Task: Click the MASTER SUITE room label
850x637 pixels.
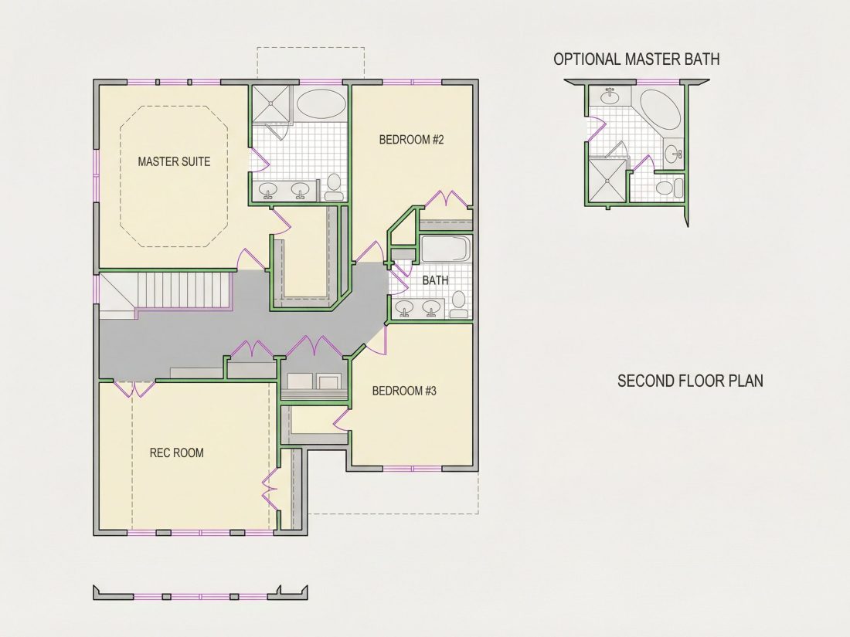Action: click(x=174, y=161)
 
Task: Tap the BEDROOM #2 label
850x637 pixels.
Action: click(x=411, y=140)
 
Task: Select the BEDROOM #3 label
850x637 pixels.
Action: click(x=404, y=391)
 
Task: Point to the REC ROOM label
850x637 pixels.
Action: click(x=177, y=452)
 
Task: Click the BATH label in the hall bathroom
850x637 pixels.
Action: click(x=435, y=280)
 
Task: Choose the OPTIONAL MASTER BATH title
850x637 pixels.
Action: click(x=637, y=59)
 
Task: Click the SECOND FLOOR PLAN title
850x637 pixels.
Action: click(x=690, y=381)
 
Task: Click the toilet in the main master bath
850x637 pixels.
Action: click(x=333, y=188)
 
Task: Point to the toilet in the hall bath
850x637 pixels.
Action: click(x=458, y=304)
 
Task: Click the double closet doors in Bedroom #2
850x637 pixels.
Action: click(x=447, y=199)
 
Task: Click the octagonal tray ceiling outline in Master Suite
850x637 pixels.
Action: click(x=174, y=176)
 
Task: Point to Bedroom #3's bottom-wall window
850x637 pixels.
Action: click(x=413, y=469)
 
